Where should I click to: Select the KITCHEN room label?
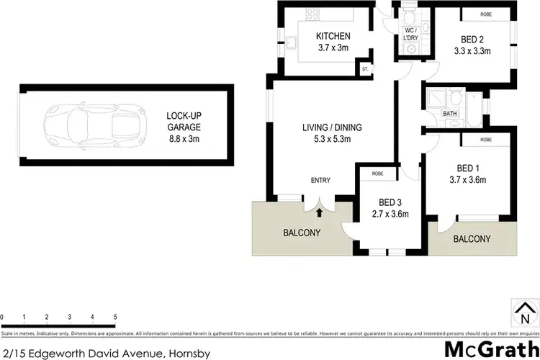pyautogui.click(x=333, y=42)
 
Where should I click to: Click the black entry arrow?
pyautogui.click(x=318, y=210)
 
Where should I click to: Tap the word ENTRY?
pyautogui.click(x=320, y=180)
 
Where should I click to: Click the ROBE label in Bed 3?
pyautogui.click(x=378, y=174)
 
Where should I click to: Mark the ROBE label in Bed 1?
pyautogui.click(x=486, y=139)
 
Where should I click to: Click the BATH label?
pyautogui.click(x=450, y=114)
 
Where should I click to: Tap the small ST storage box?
pyautogui.click(x=365, y=68)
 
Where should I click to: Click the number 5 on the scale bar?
pyautogui.click(x=115, y=317)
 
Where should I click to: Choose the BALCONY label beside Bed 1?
pyautogui.click(x=472, y=239)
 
